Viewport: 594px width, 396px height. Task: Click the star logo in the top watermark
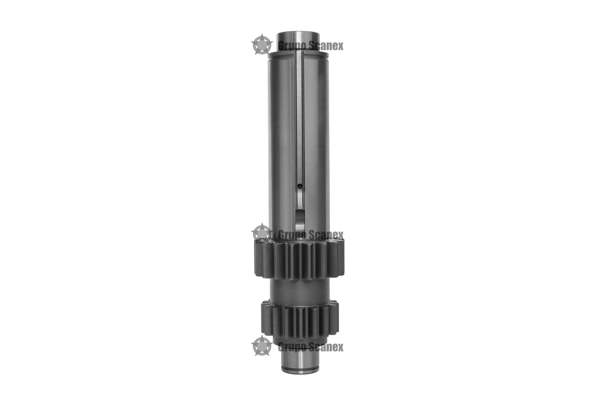[x=262, y=44]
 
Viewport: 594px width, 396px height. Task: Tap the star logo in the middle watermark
[x=262, y=234]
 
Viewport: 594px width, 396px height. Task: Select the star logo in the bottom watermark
[x=262, y=345]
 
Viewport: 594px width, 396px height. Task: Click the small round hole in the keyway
[x=299, y=186]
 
